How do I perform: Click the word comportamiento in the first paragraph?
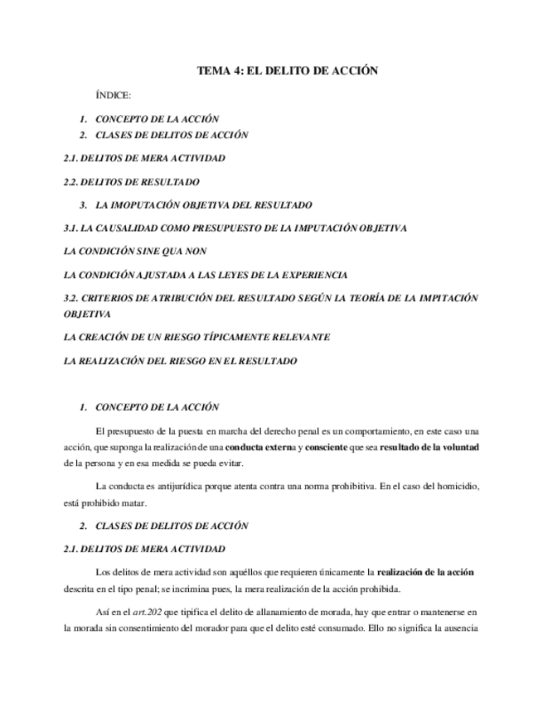(374, 431)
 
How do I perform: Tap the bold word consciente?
(326, 447)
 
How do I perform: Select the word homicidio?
(454, 485)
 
